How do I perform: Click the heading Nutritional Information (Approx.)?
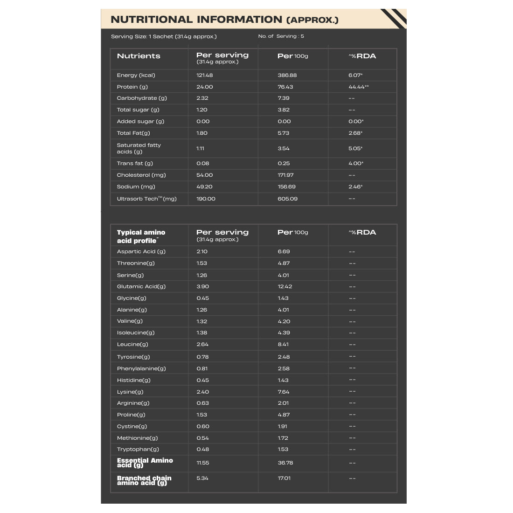pyautogui.click(x=224, y=20)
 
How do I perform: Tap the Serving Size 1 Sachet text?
pyautogui.click(x=164, y=36)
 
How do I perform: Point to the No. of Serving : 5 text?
pyautogui.click(x=281, y=36)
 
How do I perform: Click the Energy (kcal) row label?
pyautogui.click(x=136, y=75)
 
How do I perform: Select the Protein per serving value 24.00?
pyautogui.click(x=204, y=87)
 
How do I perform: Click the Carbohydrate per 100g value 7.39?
pyautogui.click(x=284, y=98)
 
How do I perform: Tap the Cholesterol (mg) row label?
pyautogui.click(x=141, y=175)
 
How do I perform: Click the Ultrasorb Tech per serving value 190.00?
pyautogui.click(x=206, y=199)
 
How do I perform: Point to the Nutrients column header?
pyautogui.click(x=139, y=56)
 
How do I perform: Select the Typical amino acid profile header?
pyautogui.click(x=141, y=236)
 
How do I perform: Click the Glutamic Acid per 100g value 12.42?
pyautogui.click(x=285, y=286)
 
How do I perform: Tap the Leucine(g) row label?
pyautogui.click(x=132, y=344)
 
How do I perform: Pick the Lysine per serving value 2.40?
pyautogui.click(x=202, y=392)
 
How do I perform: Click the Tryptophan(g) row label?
pyautogui.click(x=138, y=449)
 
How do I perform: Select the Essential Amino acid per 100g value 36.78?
pyautogui.click(x=286, y=463)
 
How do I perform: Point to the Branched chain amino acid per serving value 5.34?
pyautogui.click(x=202, y=478)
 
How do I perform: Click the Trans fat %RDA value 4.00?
pyautogui.click(x=355, y=163)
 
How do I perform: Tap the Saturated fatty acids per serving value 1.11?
pyautogui.click(x=201, y=148)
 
